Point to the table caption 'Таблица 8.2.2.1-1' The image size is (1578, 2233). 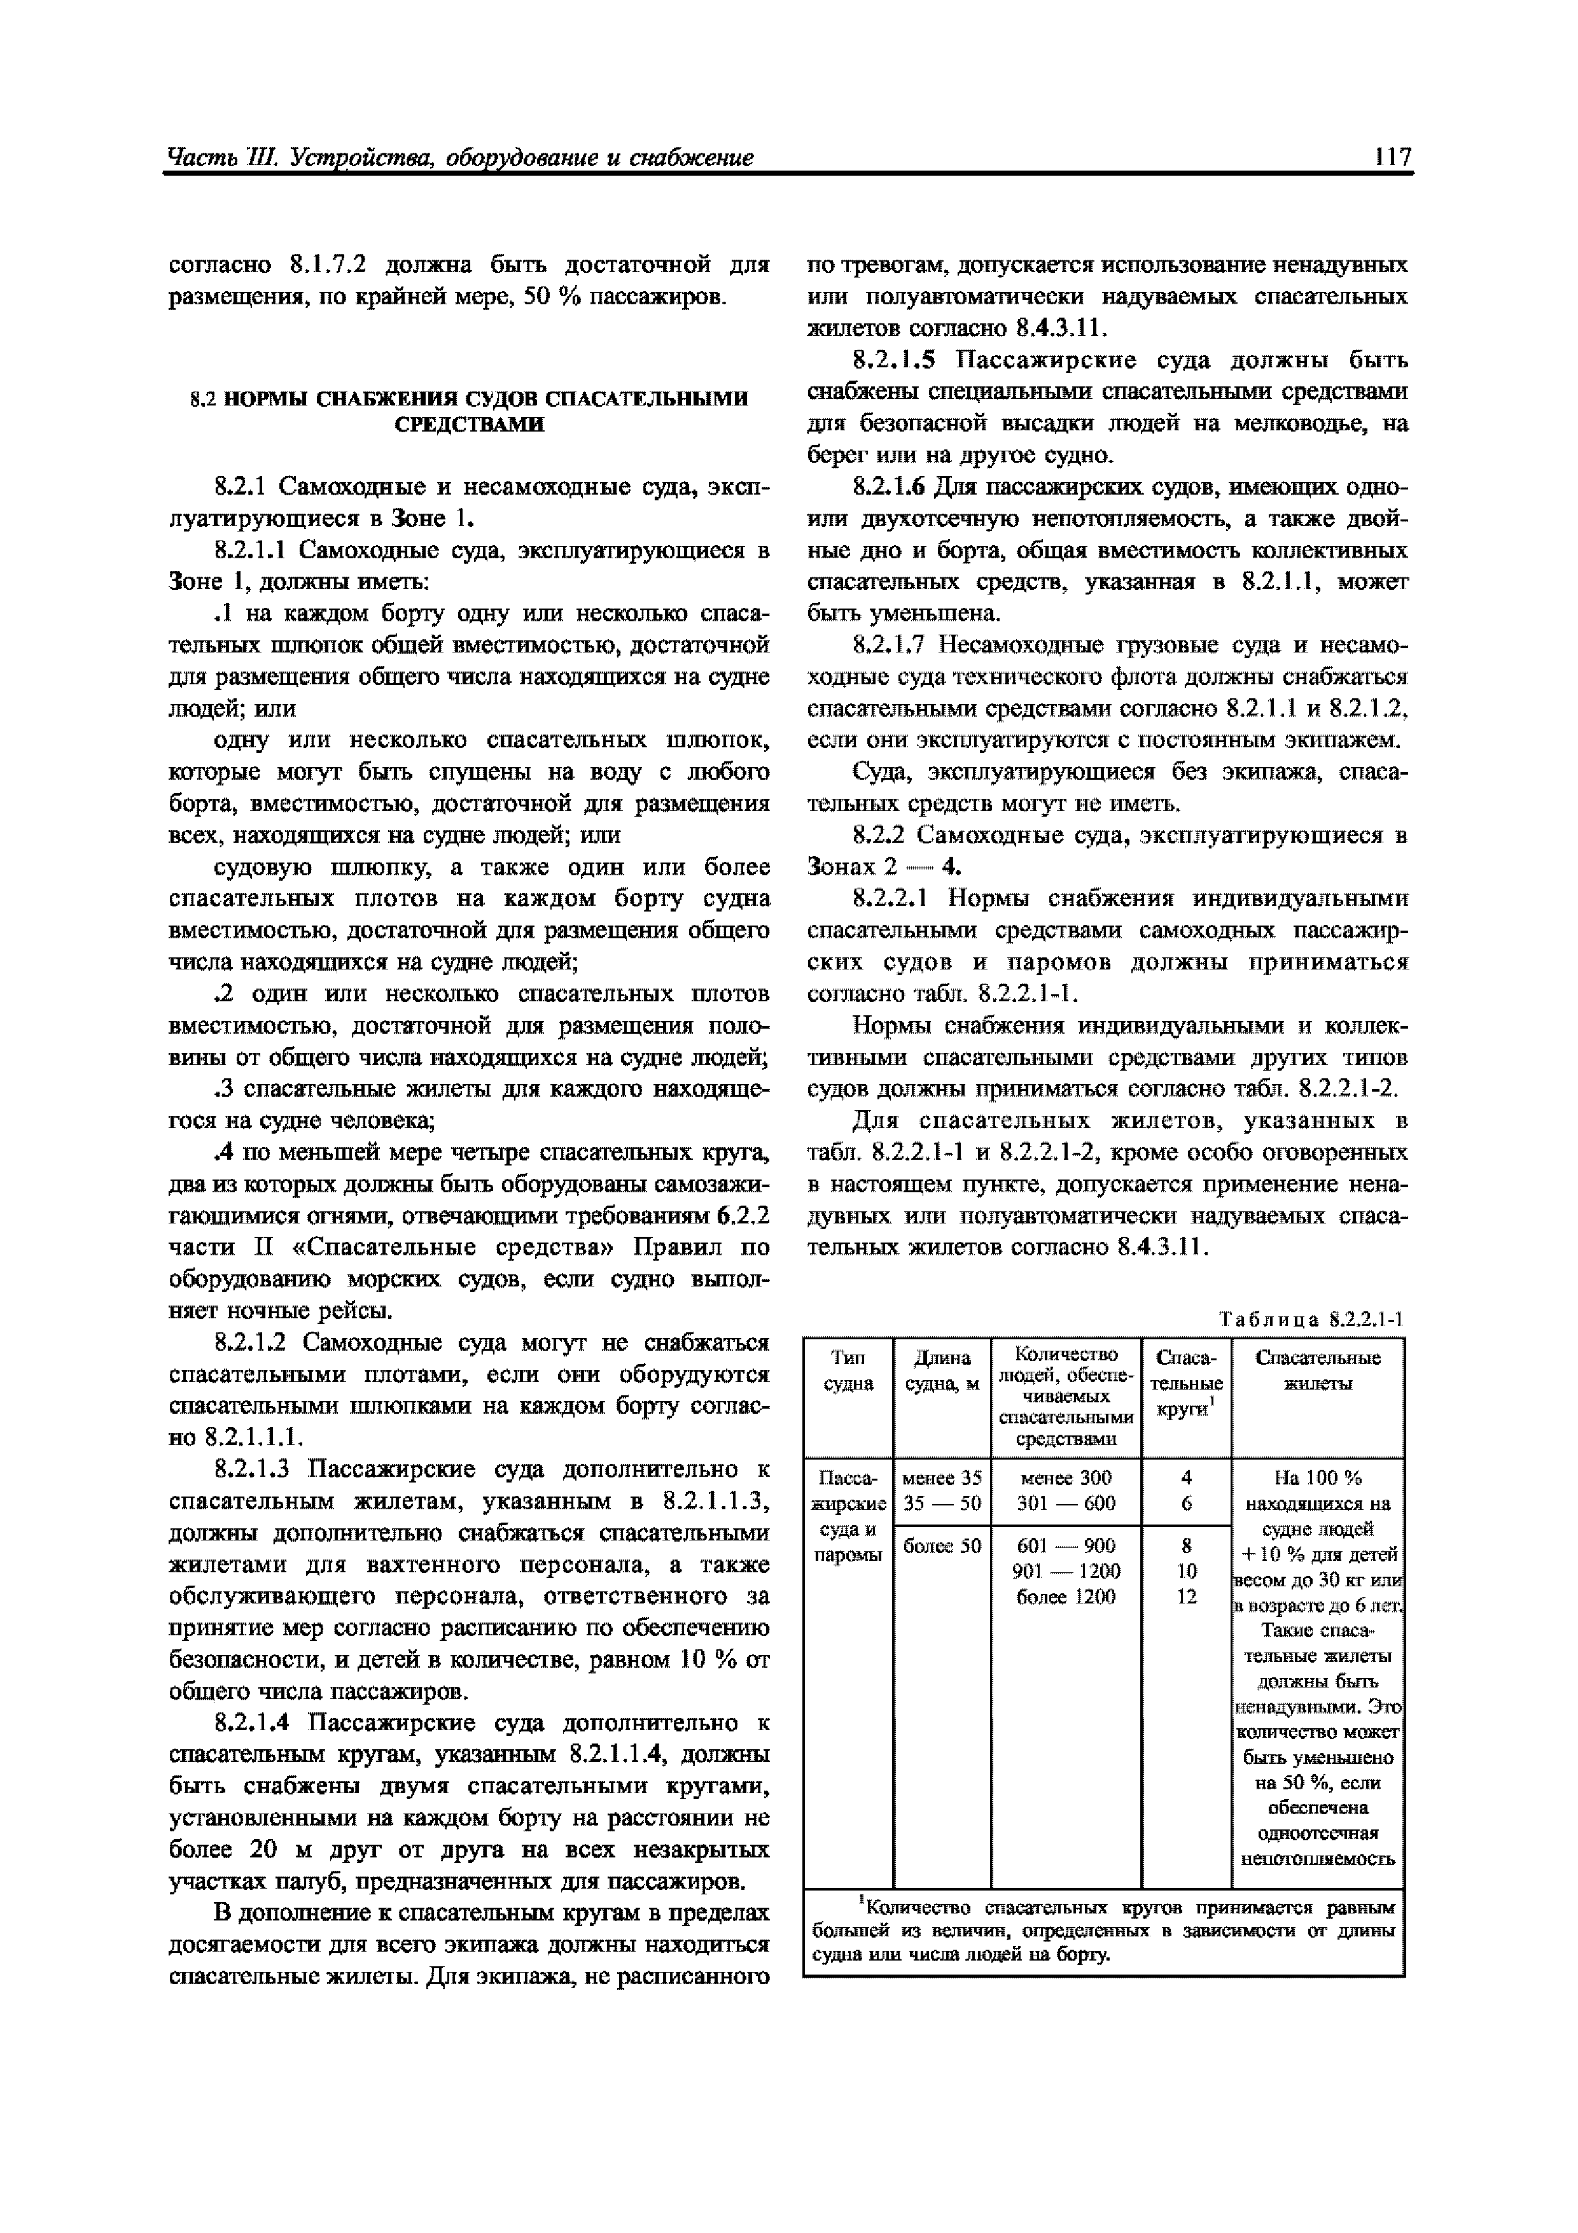tap(1311, 1320)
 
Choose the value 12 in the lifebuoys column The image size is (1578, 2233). tap(1186, 1596)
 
